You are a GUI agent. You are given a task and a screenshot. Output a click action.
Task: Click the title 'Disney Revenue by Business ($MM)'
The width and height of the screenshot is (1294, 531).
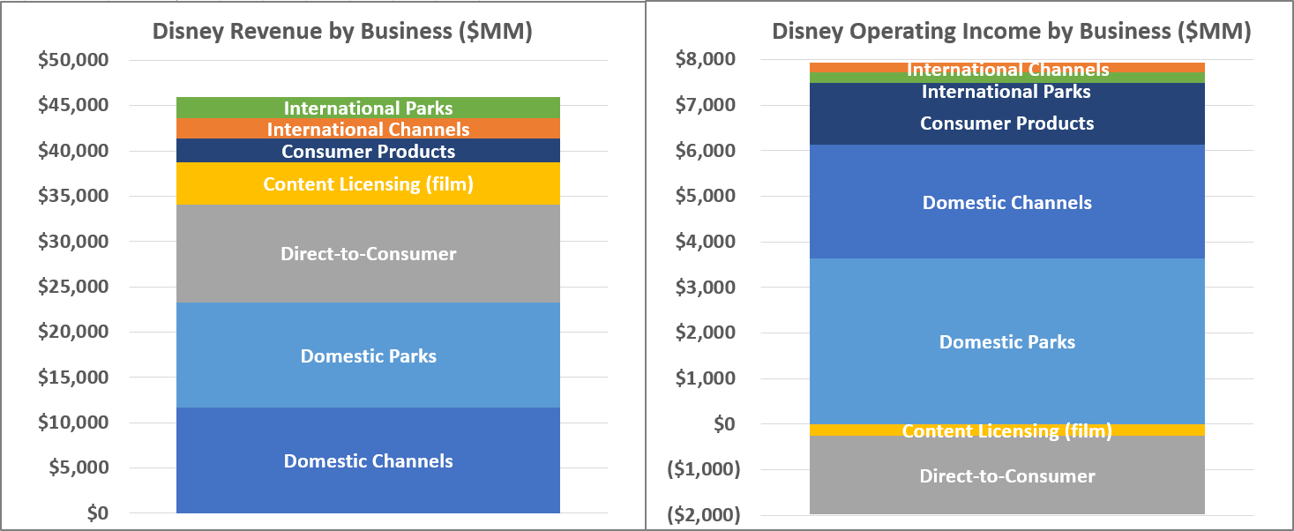342,31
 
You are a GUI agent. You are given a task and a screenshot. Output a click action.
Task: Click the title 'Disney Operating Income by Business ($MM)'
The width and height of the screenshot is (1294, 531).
1012,31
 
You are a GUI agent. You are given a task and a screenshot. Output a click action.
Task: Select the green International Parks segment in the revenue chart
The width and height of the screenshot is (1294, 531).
368,108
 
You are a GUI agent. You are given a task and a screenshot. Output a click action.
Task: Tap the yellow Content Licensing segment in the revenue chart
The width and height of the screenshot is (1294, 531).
368,184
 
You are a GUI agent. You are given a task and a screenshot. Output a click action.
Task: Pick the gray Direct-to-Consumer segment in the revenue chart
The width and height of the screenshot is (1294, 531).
368,254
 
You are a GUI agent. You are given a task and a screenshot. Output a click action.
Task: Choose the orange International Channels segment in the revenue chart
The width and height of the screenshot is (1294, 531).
368,129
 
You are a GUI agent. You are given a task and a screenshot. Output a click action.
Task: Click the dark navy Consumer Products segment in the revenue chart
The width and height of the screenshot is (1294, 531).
368,151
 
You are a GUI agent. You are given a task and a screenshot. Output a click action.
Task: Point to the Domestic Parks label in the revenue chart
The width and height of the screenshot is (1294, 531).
368,356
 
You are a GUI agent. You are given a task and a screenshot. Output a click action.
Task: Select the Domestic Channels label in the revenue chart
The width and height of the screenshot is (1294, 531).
368,460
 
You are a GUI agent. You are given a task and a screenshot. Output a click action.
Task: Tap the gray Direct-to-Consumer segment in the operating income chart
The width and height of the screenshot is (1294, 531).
1006,476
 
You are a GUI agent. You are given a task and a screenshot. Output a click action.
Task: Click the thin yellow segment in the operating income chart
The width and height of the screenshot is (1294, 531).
1006,430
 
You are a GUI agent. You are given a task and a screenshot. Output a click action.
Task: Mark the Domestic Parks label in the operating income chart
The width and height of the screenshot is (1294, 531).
1006,342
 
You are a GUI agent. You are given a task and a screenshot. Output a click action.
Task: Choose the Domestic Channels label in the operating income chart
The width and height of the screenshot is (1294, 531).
1006,202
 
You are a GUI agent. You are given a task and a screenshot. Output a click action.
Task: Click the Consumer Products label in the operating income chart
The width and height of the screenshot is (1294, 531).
1006,123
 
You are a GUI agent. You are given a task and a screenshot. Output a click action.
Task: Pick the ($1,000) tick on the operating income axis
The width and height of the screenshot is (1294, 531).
704,469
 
